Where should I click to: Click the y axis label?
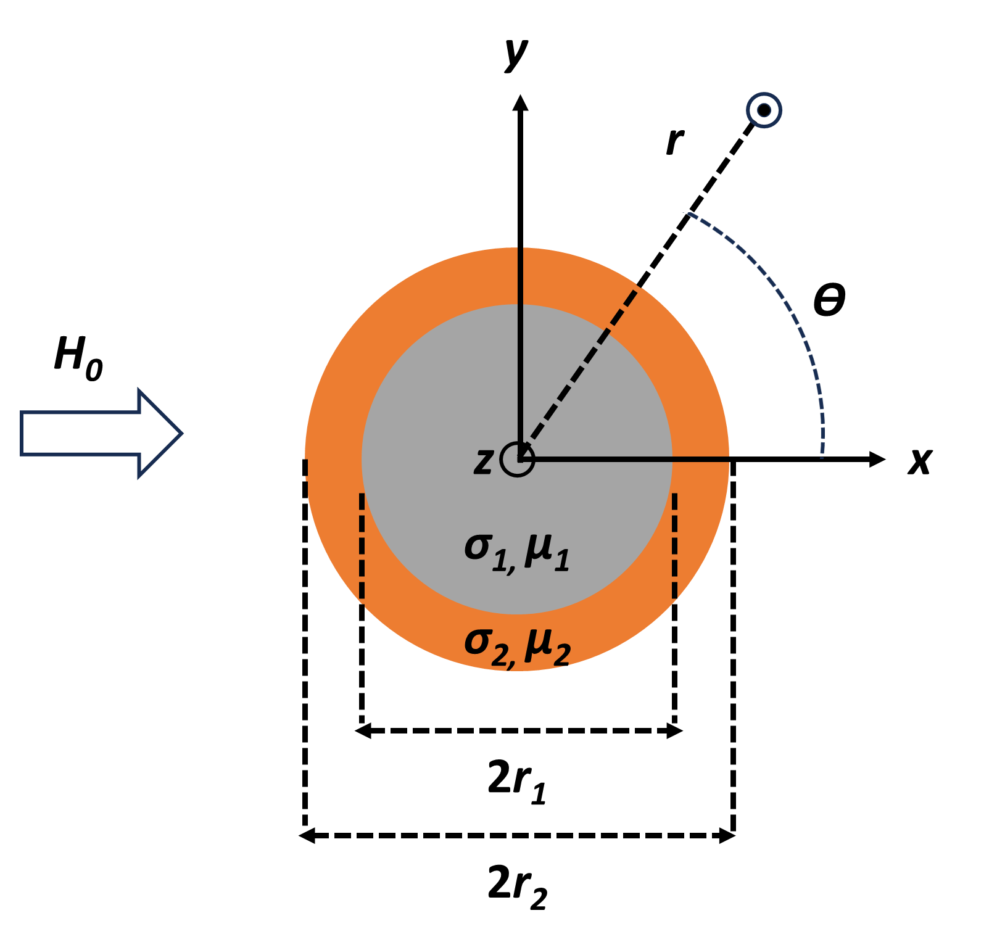click(516, 54)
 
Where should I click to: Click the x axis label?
click(920, 460)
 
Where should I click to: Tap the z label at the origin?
click(484, 460)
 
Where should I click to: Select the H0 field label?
click(78, 358)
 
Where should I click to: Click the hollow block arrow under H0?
click(101, 433)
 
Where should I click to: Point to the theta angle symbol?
click(829, 300)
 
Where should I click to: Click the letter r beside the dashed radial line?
click(674, 141)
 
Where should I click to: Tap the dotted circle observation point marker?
click(764, 110)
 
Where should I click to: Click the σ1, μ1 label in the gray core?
click(517, 550)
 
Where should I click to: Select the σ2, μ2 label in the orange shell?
click(517, 646)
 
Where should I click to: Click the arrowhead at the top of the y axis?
click(520, 102)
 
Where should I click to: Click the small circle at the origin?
click(517, 460)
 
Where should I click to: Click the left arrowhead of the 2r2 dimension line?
click(307, 836)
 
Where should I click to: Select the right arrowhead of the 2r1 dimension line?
click(676, 731)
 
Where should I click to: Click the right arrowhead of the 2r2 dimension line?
click(728, 836)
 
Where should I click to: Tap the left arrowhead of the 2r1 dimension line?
click(362, 731)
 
